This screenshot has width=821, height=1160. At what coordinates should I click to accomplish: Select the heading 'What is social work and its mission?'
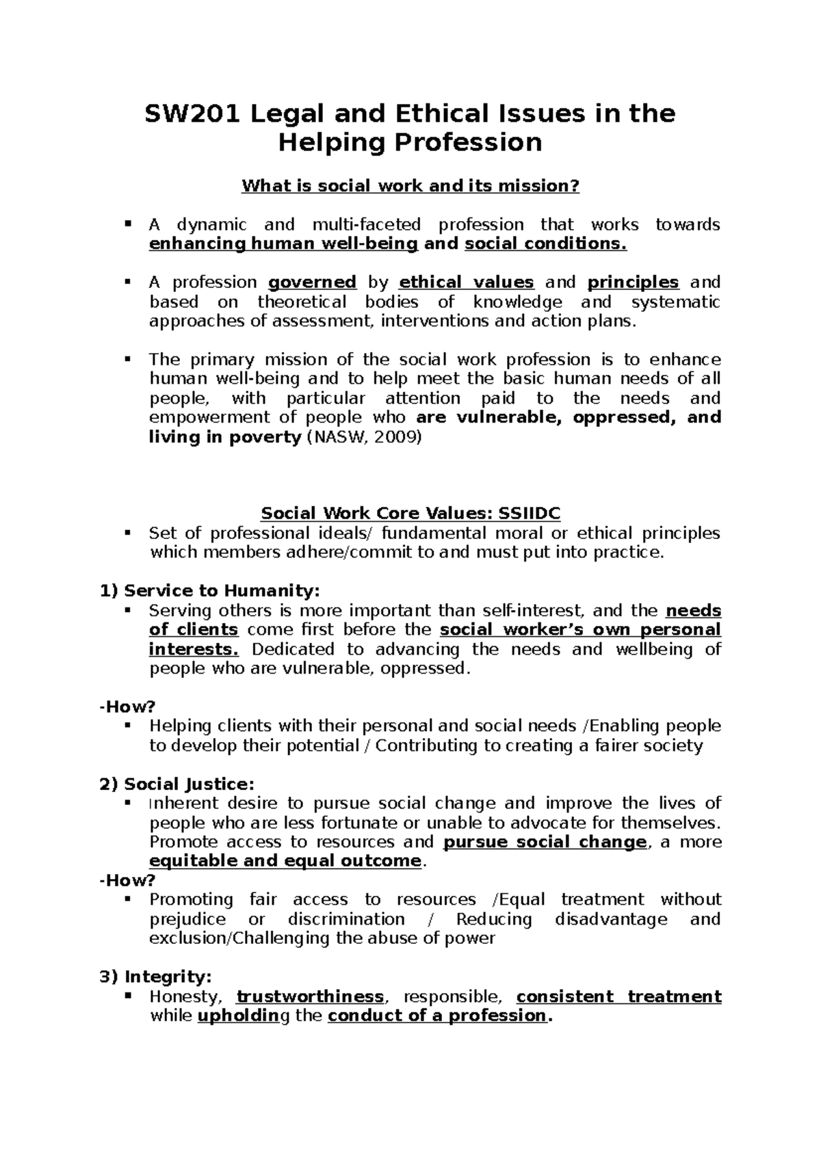click(410, 186)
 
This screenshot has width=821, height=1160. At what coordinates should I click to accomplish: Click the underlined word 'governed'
click(312, 282)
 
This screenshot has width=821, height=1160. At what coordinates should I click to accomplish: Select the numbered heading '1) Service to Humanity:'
click(209, 591)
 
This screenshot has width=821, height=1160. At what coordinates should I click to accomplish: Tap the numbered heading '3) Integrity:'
click(156, 977)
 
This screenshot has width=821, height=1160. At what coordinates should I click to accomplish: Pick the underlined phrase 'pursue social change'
click(545, 842)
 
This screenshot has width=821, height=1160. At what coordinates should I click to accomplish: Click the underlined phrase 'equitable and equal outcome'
click(285, 861)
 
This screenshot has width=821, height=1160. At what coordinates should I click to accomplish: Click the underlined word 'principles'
click(633, 282)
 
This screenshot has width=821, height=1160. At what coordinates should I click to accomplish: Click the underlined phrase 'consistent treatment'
click(618, 997)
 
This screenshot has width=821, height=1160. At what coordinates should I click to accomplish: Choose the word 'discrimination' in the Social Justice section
click(346, 919)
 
